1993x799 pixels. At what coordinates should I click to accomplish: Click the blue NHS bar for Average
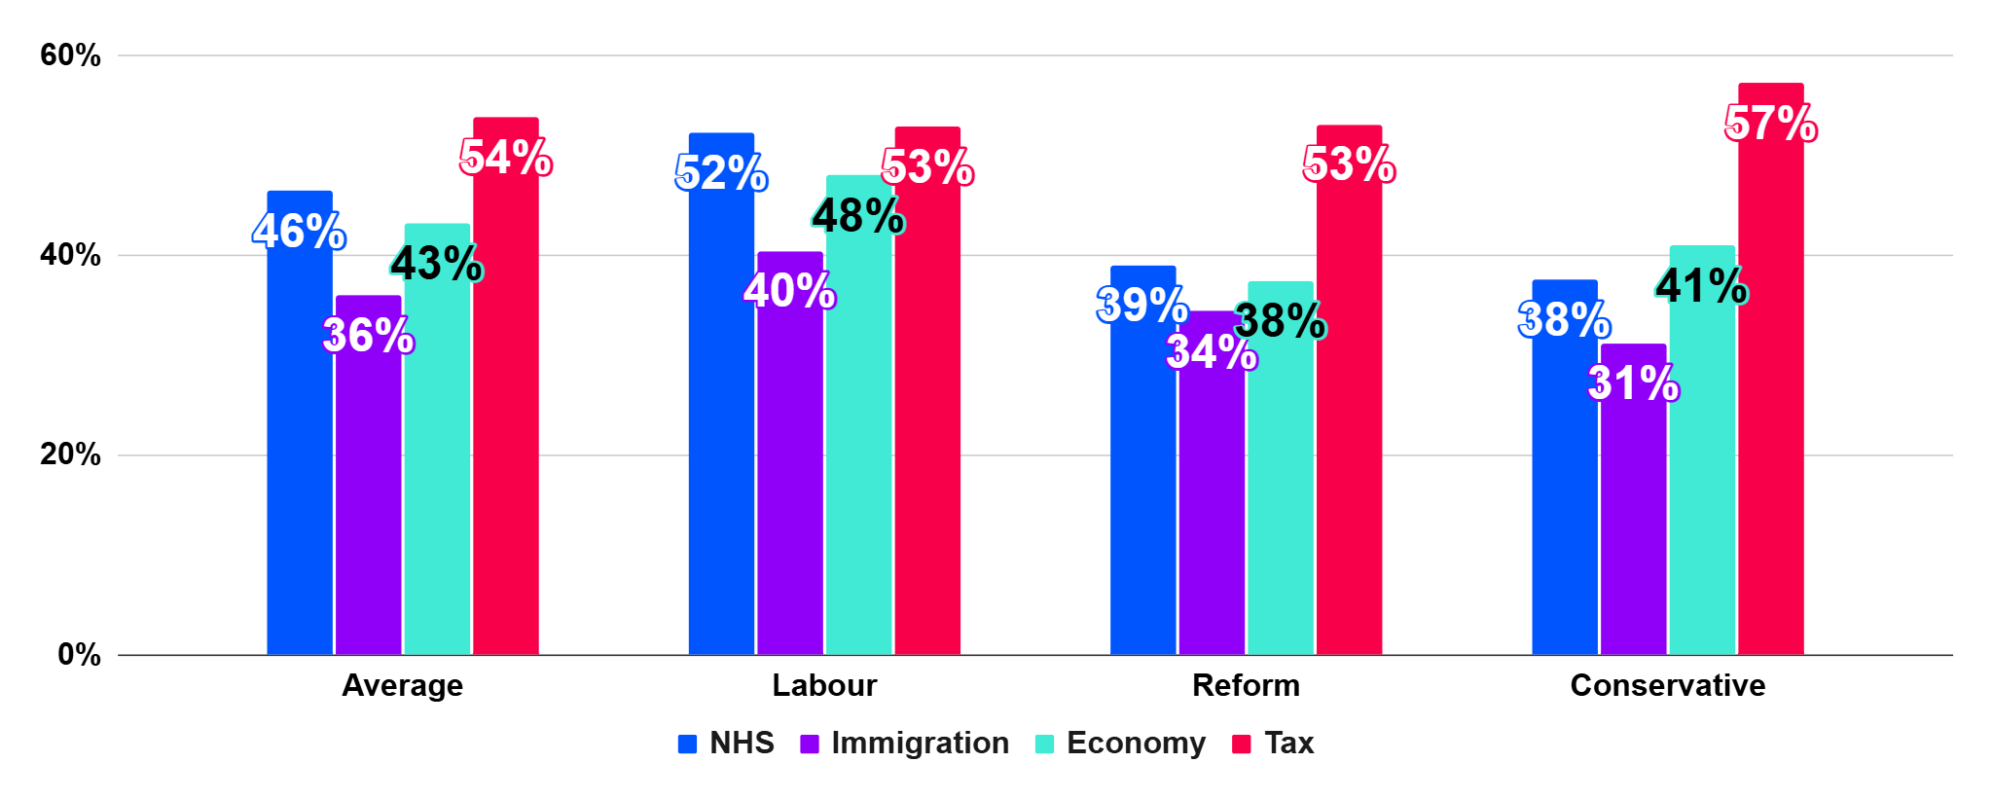pyautogui.click(x=300, y=438)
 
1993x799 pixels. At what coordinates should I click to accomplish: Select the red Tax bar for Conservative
pyautogui.click(x=1770, y=389)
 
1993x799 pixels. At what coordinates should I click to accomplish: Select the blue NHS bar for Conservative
pyautogui.click(x=1564, y=487)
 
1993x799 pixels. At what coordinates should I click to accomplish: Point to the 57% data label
pyautogui.click(x=1770, y=124)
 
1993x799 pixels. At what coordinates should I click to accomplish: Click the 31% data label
pyautogui.click(x=1633, y=382)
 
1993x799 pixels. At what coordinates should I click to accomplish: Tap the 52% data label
pyautogui.click(x=721, y=173)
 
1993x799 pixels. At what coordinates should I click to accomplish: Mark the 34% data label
pyautogui.click(x=1212, y=352)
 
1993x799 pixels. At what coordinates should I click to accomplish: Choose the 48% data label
pyautogui.click(x=858, y=216)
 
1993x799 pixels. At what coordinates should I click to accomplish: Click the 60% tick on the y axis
pyautogui.click(x=70, y=55)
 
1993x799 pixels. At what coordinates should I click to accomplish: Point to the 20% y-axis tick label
pyautogui.click(x=70, y=454)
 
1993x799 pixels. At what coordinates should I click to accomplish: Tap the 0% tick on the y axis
pyautogui.click(x=79, y=654)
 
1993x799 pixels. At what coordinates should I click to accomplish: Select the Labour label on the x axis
pyautogui.click(x=824, y=685)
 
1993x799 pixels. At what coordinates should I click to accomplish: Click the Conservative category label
pyautogui.click(x=1667, y=685)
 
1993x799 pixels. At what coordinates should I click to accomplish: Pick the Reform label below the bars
pyautogui.click(x=1246, y=685)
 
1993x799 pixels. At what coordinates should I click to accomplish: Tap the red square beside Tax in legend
pyautogui.click(x=1241, y=745)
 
